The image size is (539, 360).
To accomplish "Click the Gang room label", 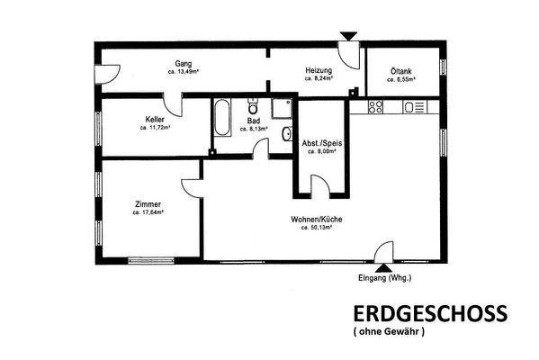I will pyautogui.click(x=184, y=64).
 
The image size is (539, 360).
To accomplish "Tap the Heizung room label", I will pyautogui.click(x=319, y=71).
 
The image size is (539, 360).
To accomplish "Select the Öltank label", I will pyautogui.click(x=401, y=72).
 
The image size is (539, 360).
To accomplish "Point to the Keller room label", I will pyautogui.click(x=155, y=120).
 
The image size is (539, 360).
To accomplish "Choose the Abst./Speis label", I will pyautogui.click(x=321, y=144).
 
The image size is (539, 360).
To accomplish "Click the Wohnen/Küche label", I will pyautogui.click(x=316, y=220).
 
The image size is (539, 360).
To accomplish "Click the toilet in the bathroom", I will pyautogui.click(x=254, y=102).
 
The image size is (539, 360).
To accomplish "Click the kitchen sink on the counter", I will pyautogui.click(x=416, y=107).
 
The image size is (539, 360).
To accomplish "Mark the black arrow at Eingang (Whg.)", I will pyautogui.click(x=385, y=267).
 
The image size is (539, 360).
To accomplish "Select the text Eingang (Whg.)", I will pyautogui.click(x=385, y=278).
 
